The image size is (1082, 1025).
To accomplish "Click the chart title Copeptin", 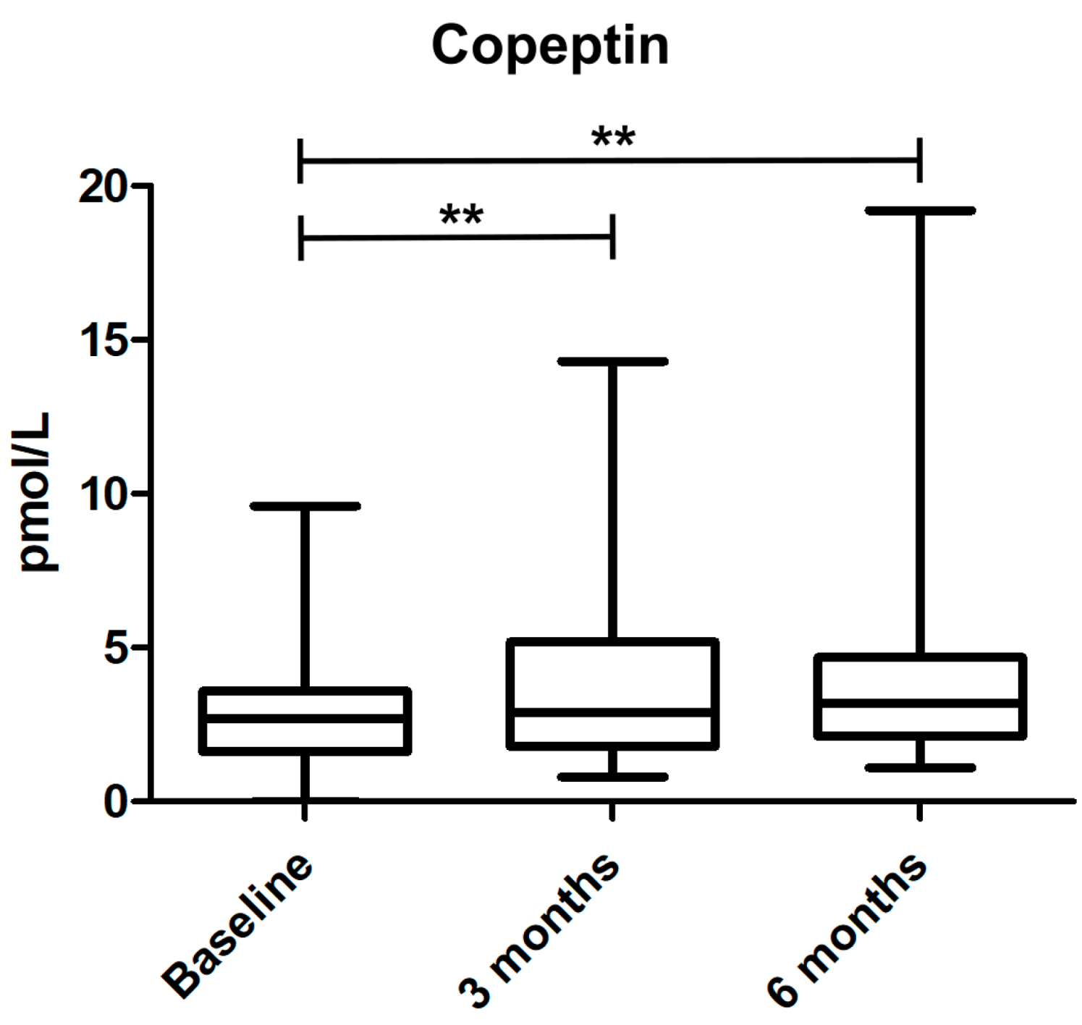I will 550,45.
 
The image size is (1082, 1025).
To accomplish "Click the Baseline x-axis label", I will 237,926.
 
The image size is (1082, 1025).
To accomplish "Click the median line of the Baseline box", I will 305,718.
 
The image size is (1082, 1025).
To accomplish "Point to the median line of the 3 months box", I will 612,712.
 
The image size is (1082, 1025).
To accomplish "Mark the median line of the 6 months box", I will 920,703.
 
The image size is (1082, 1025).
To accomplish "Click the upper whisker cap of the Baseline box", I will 305,506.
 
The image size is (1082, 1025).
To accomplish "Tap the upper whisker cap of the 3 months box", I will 612,361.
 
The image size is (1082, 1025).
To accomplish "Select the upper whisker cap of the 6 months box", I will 920,211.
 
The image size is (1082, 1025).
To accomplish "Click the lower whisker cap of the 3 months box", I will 612,777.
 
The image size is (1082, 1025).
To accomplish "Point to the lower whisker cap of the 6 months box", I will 920,767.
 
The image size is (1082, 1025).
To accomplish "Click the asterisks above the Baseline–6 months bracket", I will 613,137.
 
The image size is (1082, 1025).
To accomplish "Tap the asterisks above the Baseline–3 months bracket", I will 461,215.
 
